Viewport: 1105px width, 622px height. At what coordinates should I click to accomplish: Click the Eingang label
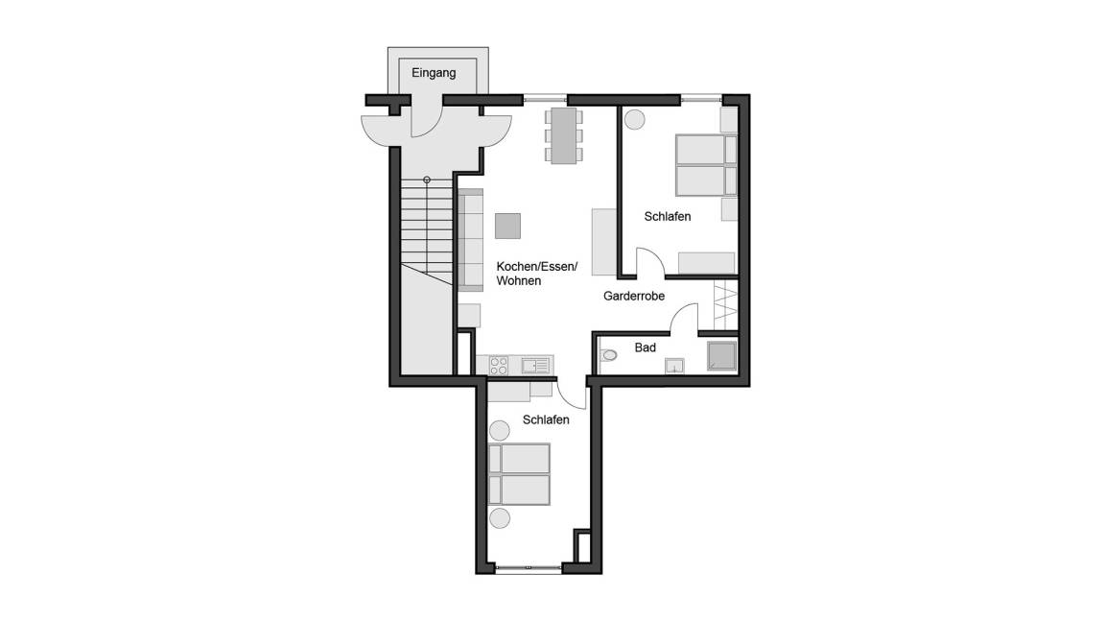click(x=434, y=73)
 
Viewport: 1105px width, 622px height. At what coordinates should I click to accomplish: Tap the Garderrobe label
click(x=633, y=297)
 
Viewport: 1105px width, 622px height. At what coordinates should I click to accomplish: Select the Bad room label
click(x=645, y=347)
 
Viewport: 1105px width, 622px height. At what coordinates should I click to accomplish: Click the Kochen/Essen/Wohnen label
click(x=537, y=274)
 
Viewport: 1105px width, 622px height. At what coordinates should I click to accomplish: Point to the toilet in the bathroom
click(x=607, y=355)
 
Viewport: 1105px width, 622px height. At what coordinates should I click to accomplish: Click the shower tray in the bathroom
click(x=721, y=356)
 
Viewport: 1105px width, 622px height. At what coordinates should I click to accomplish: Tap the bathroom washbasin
click(x=674, y=366)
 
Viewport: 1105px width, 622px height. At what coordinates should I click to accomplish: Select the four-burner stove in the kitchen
click(x=498, y=366)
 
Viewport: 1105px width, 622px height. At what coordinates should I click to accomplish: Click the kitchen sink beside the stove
click(x=535, y=366)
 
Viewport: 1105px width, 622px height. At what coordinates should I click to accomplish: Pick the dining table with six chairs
click(x=564, y=135)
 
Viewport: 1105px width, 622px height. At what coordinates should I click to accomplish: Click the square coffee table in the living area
click(x=507, y=226)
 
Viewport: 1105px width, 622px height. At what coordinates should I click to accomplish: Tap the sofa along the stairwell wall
click(x=470, y=240)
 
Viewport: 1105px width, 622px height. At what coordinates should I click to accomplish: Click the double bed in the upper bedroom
click(x=706, y=165)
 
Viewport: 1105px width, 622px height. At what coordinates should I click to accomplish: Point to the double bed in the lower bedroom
click(x=519, y=474)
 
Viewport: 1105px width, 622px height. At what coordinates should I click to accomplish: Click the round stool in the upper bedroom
click(x=634, y=119)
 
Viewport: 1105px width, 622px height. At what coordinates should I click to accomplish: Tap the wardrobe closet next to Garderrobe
click(x=725, y=304)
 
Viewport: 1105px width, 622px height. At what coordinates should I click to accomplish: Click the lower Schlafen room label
click(x=546, y=419)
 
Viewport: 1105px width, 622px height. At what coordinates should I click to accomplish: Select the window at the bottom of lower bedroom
click(x=529, y=566)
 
